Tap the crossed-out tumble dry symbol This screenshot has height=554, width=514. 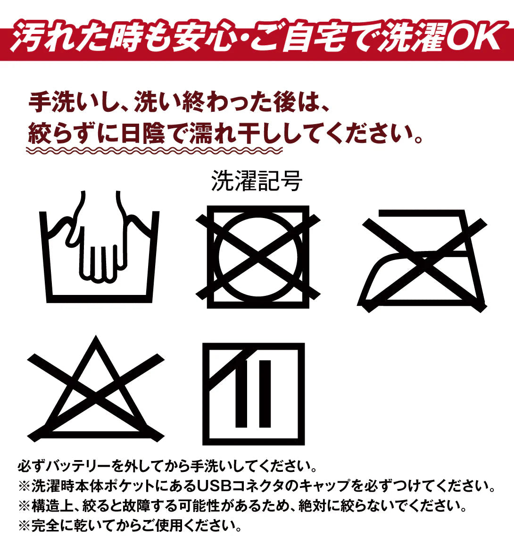coord(258,257)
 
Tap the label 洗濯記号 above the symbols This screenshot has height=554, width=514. coord(257,181)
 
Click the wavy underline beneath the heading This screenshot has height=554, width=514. coord(154,151)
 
